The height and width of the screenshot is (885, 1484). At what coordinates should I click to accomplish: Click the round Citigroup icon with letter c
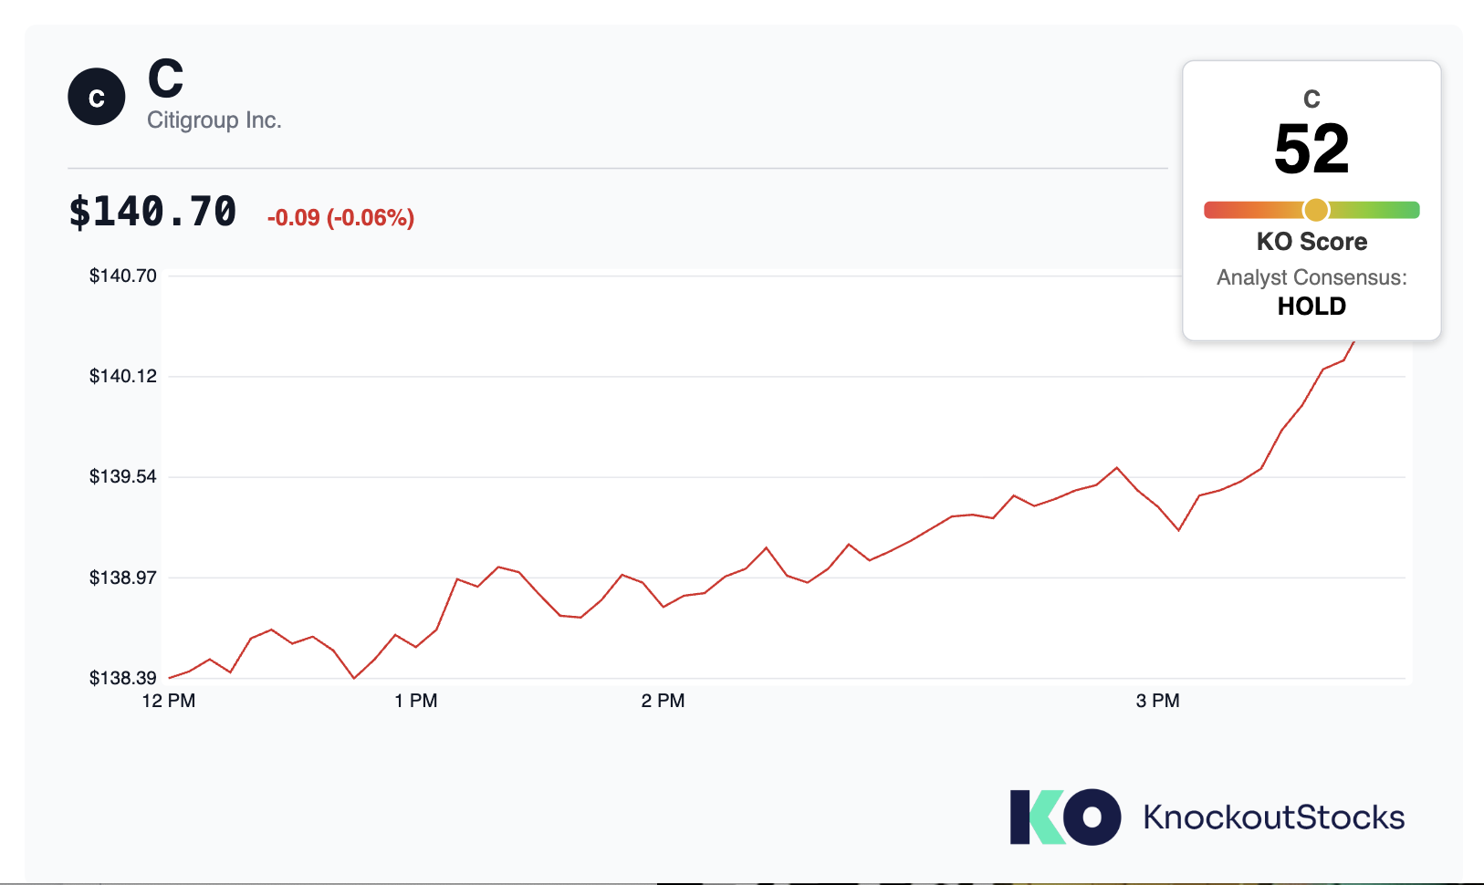click(97, 97)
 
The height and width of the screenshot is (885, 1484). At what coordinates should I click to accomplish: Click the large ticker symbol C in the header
click(165, 78)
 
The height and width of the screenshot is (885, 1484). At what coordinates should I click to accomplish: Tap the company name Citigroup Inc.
click(214, 120)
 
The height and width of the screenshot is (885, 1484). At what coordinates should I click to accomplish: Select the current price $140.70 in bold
click(152, 212)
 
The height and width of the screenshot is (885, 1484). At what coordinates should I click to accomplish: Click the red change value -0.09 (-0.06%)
click(340, 217)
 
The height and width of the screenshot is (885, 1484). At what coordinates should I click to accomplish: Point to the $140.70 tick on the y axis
click(123, 276)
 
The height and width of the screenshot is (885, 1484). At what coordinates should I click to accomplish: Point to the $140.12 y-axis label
click(123, 376)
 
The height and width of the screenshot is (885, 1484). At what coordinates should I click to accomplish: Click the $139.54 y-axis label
click(123, 476)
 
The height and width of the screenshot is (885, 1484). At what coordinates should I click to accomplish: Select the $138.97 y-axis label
click(123, 578)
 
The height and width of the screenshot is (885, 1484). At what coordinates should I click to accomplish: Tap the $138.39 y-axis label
click(123, 678)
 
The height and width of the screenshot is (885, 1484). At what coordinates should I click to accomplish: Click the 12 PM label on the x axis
click(169, 701)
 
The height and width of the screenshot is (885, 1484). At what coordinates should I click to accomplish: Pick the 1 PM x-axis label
click(416, 701)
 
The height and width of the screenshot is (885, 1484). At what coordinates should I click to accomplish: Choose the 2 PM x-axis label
click(664, 701)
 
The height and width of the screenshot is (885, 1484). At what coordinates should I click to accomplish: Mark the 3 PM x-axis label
click(1158, 701)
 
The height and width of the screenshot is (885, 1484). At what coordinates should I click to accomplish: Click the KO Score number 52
click(1312, 149)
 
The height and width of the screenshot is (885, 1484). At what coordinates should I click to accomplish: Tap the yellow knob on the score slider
click(1316, 210)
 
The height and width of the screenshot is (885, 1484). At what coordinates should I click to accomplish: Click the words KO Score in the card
click(1312, 242)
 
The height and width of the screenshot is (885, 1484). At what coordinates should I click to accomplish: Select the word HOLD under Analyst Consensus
click(1312, 306)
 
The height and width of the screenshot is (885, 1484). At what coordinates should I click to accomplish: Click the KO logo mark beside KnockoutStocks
click(1065, 817)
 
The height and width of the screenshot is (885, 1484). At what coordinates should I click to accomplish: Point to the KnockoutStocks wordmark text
click(1274, 817)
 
